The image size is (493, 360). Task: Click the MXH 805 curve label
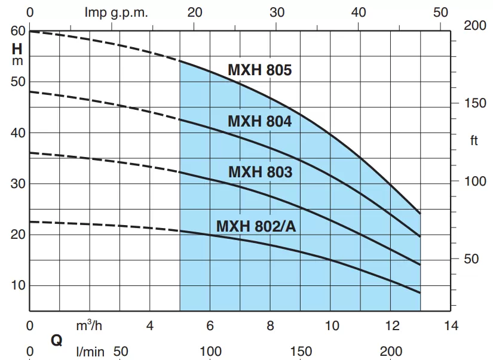259,70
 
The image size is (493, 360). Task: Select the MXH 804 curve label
259,121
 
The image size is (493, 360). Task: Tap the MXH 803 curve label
260,173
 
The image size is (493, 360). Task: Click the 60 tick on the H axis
18,30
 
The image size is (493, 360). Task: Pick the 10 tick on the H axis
18,285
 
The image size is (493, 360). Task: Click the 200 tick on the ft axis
475,26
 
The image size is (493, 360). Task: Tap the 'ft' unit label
474,141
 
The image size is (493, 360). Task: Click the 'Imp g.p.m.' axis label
117,12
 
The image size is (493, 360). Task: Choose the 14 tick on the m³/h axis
451,326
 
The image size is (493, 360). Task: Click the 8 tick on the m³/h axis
270,326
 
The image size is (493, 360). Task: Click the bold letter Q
57,341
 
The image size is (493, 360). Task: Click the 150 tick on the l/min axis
301,350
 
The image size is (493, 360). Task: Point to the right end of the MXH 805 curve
420,213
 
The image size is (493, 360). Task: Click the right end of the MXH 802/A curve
420,293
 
